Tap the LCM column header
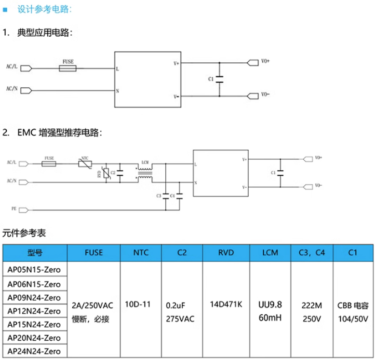click(270, 252)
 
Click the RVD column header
click(226, 252)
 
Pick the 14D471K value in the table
click(226, 305)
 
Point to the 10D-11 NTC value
click(138, 305)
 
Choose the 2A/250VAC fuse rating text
click(93, 305)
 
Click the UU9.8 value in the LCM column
click(270, 305)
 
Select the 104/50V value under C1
click(354, 319)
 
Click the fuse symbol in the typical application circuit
click(68, 69)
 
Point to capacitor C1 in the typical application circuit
click(219, 80)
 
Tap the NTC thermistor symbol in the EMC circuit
click(85, 164)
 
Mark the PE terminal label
click(14, 209)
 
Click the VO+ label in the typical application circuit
click(265, 62)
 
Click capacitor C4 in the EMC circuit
click(179, 195)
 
